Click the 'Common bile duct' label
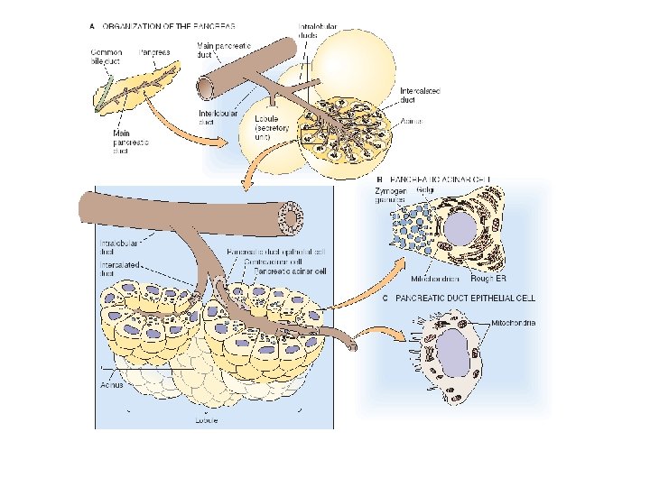coord(106,58)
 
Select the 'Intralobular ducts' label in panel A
coord(320,33)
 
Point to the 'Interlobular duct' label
coord(217,117)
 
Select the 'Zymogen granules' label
coord(389,196)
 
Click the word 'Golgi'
coord(423,191)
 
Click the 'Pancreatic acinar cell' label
coord(290,270)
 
